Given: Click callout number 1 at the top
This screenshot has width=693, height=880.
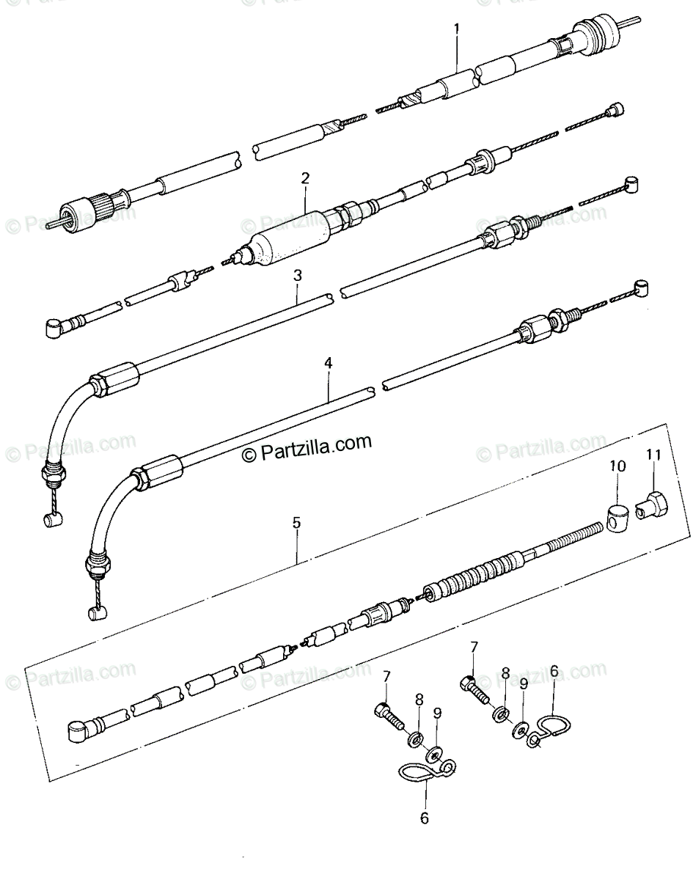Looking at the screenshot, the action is pyautogui.click(x=457, y=29).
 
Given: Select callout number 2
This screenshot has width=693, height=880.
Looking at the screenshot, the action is pyautogui.click(x=305, y=179).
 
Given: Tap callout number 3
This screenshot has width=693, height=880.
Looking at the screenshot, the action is pyautogui.click(x=298, y=275).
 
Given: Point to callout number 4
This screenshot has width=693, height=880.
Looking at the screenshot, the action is pyautogui.click(x=328, y=363).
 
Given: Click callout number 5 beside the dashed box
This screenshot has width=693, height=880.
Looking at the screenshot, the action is pyautogui.click(x=296, y=523).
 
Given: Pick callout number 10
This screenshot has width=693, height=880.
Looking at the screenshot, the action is pyautogui.click(x=617, y=466).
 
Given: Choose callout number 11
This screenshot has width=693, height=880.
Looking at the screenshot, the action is pyautogui.click(x=653, y=455).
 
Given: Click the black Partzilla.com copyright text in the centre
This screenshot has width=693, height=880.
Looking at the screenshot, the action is pyautogui.click(x=307, y=452).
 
